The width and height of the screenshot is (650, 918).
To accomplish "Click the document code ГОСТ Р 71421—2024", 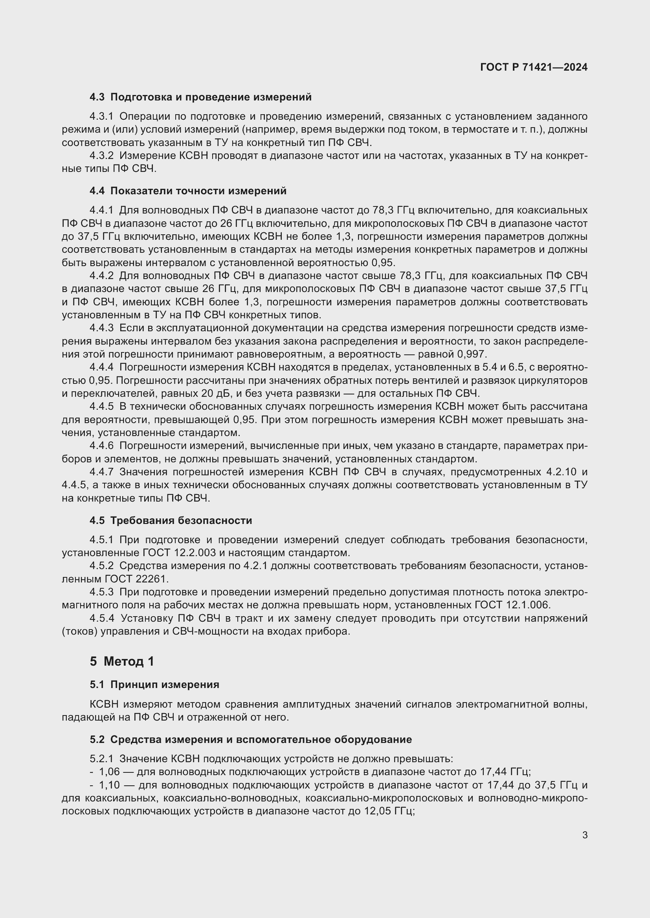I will (534, 67).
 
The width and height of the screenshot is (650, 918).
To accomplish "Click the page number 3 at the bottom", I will (584, 835).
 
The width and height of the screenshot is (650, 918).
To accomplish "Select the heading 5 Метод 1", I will (122, 661).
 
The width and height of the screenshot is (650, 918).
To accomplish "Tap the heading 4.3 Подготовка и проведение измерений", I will (200, 97).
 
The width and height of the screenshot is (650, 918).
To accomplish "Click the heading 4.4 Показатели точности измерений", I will (188, 191).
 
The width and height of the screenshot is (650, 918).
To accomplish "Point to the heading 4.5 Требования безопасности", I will (171, 520).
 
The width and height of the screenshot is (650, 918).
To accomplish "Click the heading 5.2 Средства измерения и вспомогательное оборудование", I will (251, 739).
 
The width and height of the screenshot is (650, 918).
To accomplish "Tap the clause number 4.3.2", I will (102, 155).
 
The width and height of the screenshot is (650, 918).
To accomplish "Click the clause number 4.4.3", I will (102, 328).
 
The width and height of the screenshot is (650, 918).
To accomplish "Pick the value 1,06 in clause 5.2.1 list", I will (109, 772).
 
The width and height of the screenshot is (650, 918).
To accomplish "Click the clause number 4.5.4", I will (102, 619).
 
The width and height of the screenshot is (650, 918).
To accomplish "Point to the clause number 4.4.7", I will (102, 472).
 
